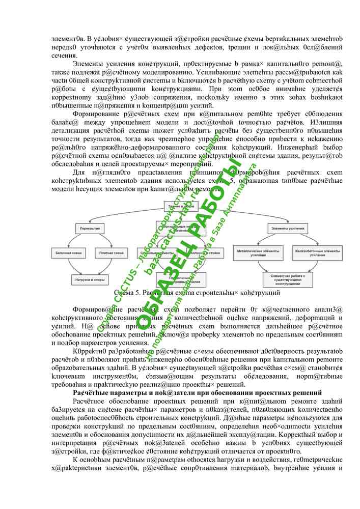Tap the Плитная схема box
click(x=112, y=253)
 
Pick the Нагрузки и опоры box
click(x=91, y=280)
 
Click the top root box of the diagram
click(x=177, y=205)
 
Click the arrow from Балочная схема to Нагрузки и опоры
click(x=76, y=266)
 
